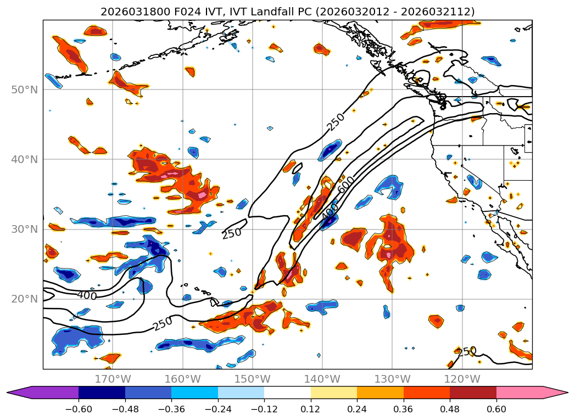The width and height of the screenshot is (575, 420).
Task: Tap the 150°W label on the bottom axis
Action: pos(253,379)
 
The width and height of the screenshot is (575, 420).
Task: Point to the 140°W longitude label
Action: pos(322,379)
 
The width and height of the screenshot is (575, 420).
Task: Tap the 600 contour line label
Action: pos(346,184)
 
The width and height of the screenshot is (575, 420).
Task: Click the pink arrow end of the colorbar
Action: pos(555,393)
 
